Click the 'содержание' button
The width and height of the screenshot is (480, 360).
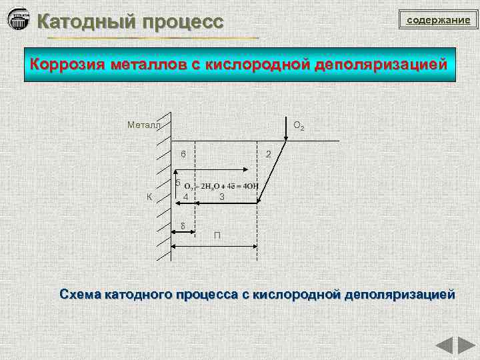pyautogui.click(x=438, y=21)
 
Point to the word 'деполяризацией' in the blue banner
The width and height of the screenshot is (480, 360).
pyautogui.click(x=377, y=65)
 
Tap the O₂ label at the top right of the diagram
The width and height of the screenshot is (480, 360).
pyautogui.click(x=300, y=125)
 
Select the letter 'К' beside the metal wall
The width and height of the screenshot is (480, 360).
pyautogui.click(x=150, y=196)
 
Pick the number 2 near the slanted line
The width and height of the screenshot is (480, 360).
pyautogui.click(x=268, y=155)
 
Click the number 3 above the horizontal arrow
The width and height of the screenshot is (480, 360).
pyautogui.click(x=222, y=197)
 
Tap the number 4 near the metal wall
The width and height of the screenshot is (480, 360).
pyautogui.click(x=187, y=197)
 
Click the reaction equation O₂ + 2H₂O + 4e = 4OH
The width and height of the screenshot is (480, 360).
pyautogui.click(x=221, y=186)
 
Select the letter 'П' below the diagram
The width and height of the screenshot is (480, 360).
pyautogui.click(x=217, y=236)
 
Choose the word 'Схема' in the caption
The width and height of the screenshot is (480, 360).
pyautogui.click(x=81, y=294)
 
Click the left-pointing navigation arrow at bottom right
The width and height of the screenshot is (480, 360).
pyautogui.click(x=444, y=347)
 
